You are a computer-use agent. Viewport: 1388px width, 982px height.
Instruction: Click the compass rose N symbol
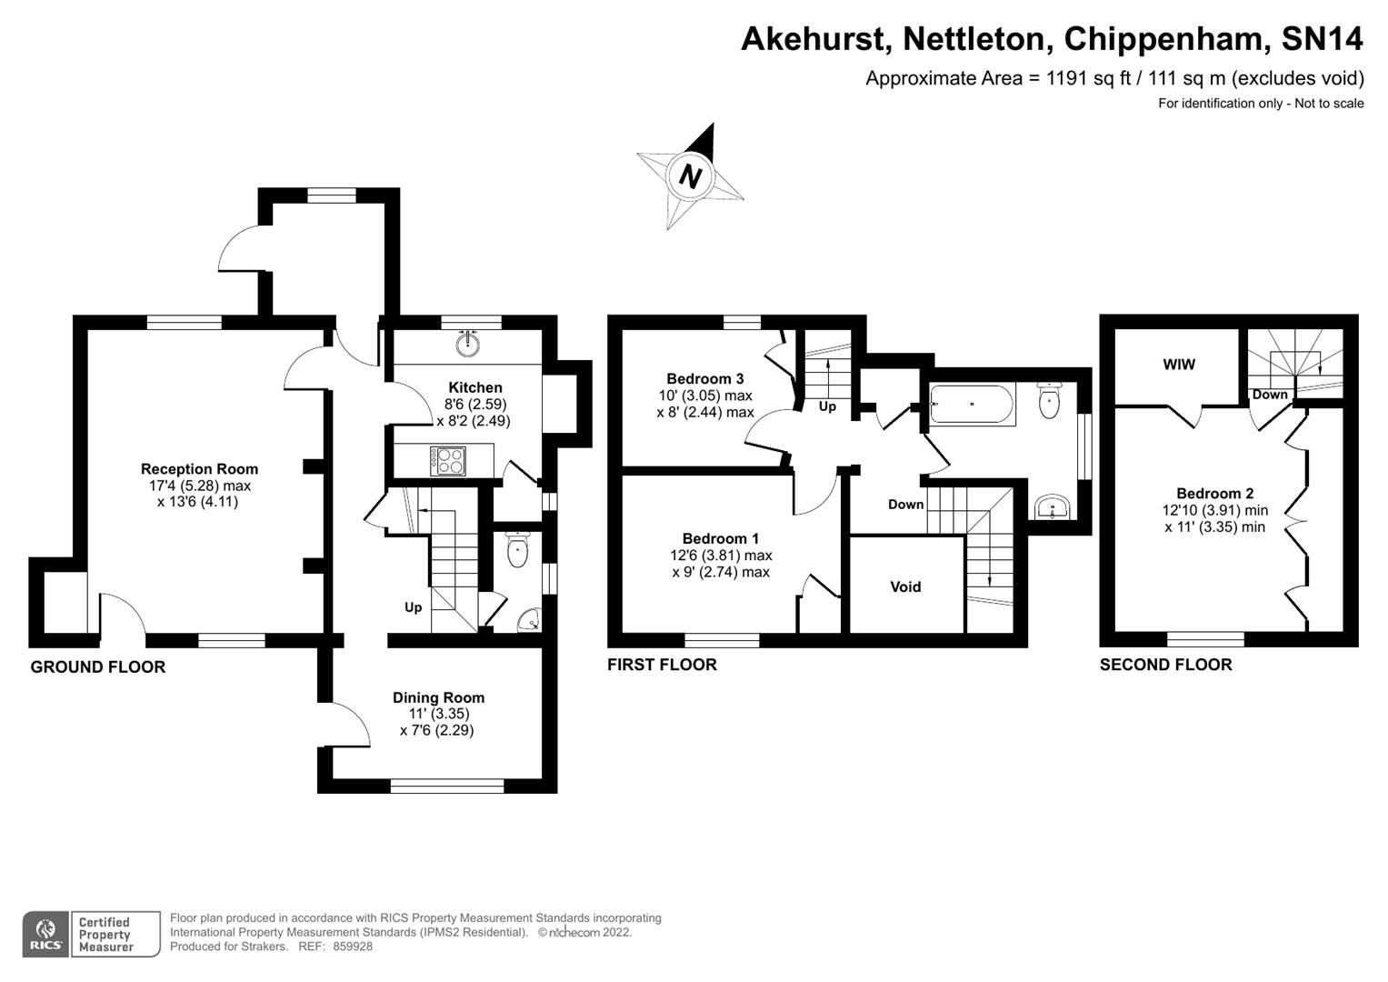[x=691, y=175]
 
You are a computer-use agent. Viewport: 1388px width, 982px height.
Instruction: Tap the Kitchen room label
[x=474, y=387]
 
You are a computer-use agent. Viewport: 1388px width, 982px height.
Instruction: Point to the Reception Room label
[x=199, y=469]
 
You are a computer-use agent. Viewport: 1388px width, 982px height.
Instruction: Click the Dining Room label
[x=438, y=697]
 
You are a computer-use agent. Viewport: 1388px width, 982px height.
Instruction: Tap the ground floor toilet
[x=517, y=551]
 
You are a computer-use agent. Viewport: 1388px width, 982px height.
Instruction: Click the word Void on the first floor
[x=905, y=586]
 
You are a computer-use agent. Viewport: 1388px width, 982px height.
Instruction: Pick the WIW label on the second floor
[x=1179, y=365]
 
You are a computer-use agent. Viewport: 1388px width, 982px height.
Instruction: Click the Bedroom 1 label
[x=721, y=538]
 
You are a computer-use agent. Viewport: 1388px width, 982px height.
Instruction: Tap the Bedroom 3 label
[x=705, y=378]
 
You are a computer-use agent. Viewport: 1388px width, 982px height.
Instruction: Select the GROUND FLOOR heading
[x=98, y=666]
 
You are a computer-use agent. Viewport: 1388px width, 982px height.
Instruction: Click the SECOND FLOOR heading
[x=1165, y=665]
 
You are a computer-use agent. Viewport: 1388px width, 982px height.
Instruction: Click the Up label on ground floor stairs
[x=413, y=607]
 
